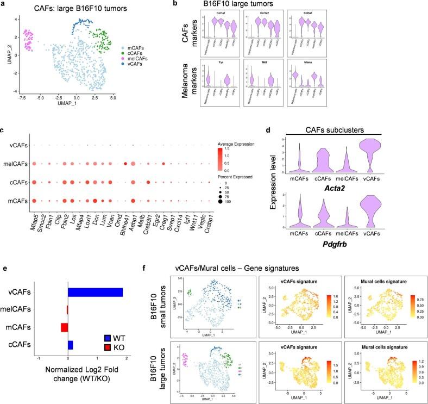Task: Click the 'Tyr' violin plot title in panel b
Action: (x=222, y=62)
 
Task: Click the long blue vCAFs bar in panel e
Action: (x=95, y=292)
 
